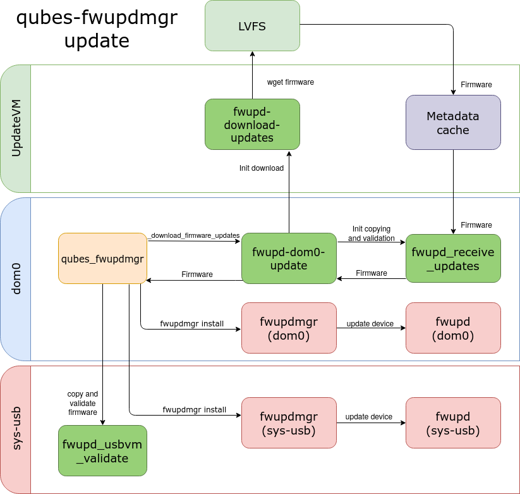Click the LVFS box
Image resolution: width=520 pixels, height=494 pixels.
(252, 26)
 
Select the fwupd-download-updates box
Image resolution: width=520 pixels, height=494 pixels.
(252, 124)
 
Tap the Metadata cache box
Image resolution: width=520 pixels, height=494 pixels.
(453, 123)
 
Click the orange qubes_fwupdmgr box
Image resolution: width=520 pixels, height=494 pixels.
(102, 258)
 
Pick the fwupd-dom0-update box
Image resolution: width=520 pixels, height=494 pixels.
(289, 258)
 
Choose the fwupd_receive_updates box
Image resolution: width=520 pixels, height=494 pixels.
(453, 258)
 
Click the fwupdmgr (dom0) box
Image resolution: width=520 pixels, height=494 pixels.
(289, 328)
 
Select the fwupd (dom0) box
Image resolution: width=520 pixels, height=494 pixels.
(453, 328)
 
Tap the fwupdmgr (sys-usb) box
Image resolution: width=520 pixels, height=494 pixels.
(289, 423)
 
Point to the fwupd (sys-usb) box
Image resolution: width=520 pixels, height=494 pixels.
(453, 423)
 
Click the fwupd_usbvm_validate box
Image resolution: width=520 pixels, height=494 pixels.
(102, 450)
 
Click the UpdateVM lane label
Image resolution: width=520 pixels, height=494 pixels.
(16, 128)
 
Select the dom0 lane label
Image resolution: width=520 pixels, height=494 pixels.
(16, 279)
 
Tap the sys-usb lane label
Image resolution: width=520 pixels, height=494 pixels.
(16, 429)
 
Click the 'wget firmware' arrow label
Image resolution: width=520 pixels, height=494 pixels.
(291, 82)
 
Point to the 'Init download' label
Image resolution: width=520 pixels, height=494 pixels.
(262, 168)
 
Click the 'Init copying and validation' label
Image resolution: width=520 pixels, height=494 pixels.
(371, 233)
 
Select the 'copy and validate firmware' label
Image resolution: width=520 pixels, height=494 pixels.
(83, 403)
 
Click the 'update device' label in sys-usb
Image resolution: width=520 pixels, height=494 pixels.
(368, 417)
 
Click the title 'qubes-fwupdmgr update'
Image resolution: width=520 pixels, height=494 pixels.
(97, 30)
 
